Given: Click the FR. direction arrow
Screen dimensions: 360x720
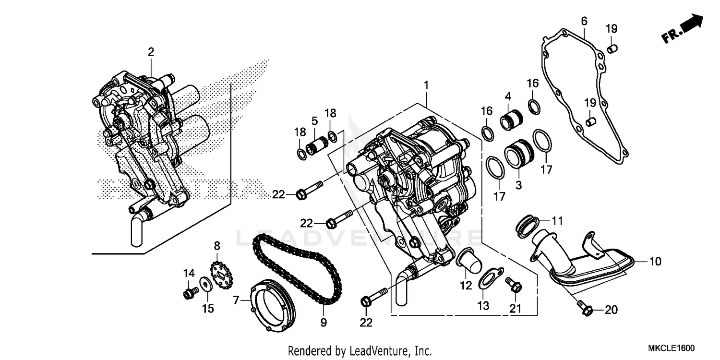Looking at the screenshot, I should coord(683,30).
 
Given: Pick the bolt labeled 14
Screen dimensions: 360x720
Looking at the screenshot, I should coord(189,293).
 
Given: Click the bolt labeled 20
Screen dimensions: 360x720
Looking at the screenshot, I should coord(585,309).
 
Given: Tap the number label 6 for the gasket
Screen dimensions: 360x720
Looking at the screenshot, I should coord(584,21).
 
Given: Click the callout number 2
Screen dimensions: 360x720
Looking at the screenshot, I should coord(151,52).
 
